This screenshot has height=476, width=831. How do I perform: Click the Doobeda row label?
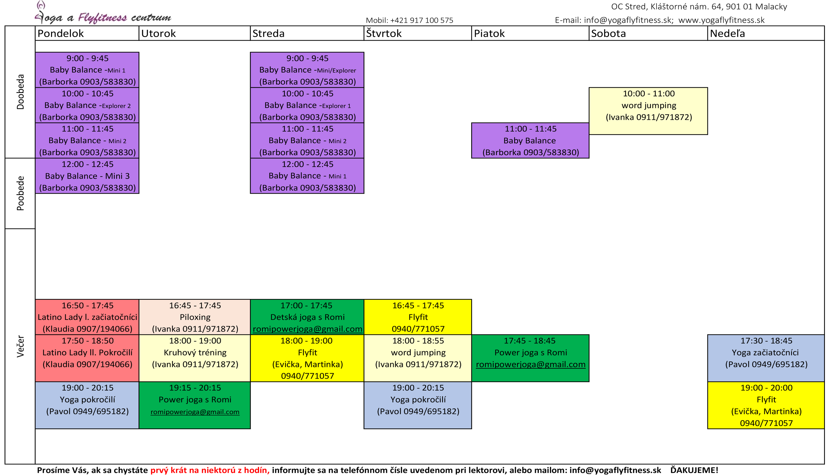(20, 92)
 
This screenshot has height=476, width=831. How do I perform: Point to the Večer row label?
(20, 346)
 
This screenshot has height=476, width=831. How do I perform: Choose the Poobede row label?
(20, 193)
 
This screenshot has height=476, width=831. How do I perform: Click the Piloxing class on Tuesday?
(195, 317)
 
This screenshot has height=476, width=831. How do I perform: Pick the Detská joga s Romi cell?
(307, 317)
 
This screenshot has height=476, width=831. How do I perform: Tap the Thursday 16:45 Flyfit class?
(418, 317)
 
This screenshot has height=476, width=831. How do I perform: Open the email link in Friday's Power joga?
(530, 364)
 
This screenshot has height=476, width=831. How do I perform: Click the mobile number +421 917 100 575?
(421, 20)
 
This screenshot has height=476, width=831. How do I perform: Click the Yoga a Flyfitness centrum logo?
(103, 13)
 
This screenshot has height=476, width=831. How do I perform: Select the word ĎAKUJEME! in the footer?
(694, 470)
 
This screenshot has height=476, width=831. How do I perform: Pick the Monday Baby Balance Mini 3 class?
(87, 176)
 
